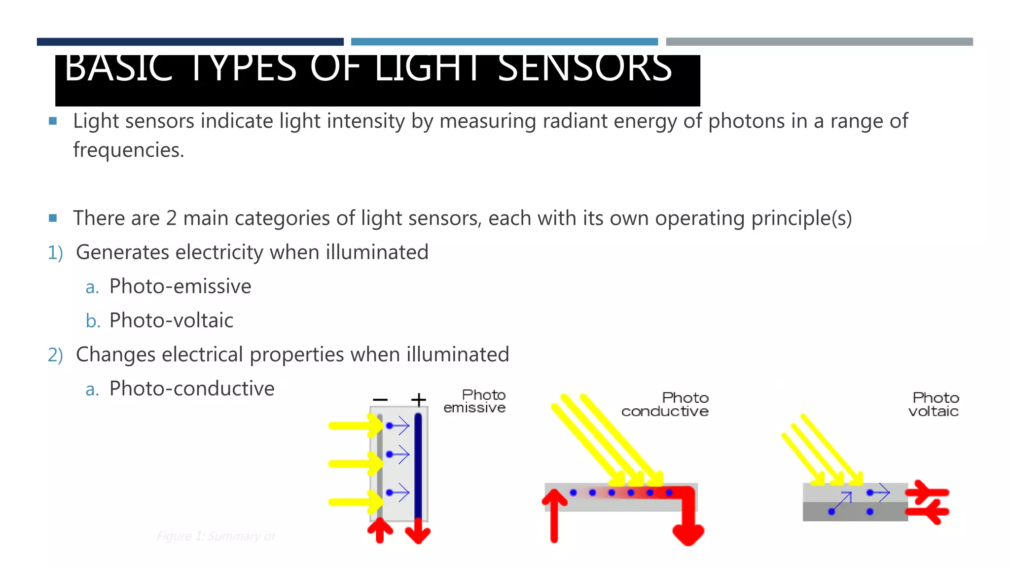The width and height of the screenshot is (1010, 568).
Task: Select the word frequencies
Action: coord(128,150)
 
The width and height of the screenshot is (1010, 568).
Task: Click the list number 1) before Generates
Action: coord(55,253)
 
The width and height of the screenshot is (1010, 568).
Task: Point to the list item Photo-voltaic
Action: coord(171,320)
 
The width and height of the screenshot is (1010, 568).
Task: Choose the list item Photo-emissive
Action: coord(180,286)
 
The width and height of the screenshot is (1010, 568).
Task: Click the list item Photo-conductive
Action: coord(191,389)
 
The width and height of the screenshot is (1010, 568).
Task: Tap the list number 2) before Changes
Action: coord(55,355)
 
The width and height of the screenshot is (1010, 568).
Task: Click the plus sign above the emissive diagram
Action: coord(418,399)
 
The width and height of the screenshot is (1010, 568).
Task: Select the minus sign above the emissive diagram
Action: coord(380,399)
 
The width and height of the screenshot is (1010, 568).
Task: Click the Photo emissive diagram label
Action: coord(474,401)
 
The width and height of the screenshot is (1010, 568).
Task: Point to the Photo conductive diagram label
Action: coord(665,404)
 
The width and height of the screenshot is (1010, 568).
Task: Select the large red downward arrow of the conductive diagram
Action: coord(688,523)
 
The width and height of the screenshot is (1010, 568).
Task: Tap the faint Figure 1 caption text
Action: coord(216,536)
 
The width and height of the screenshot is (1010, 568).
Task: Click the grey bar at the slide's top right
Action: coord(819,42)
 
